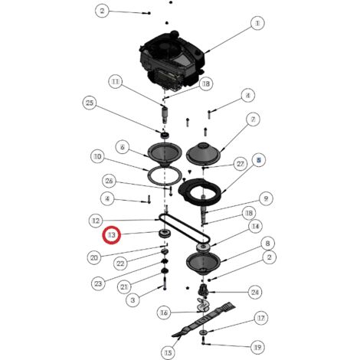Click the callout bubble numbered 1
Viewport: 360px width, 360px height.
[x=257, y=23]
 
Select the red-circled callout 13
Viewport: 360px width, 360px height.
[x=112, y=235]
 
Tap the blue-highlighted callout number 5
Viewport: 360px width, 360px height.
[x=259, y=160]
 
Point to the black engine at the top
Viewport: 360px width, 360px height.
[x=172, y=61]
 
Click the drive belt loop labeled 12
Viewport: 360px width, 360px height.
[x=185, y=228]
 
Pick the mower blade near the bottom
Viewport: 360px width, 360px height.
[x=204, y=320]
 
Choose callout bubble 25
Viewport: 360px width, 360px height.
[x=90, y=103]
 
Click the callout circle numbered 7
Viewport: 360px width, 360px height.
[x=253, y=119]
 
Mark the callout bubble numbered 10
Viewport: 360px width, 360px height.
[x=98, y=156]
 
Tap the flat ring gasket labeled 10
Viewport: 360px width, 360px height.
[x=149, y=175]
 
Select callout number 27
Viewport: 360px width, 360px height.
[x=241, y=164]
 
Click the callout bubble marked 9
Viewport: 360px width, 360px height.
[x=266, y=198]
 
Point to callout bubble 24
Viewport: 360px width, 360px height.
[x=255, y=292]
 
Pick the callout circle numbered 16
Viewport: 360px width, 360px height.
[x=164, y=313]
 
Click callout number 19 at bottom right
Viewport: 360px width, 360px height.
[x=257, y=347]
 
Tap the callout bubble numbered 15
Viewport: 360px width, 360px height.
[x=168, y=353]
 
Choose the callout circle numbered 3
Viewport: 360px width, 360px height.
[x=133, y=299]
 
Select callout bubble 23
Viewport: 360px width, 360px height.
[x=98, y=283]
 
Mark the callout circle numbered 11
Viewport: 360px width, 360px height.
[x=116, y=82]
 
